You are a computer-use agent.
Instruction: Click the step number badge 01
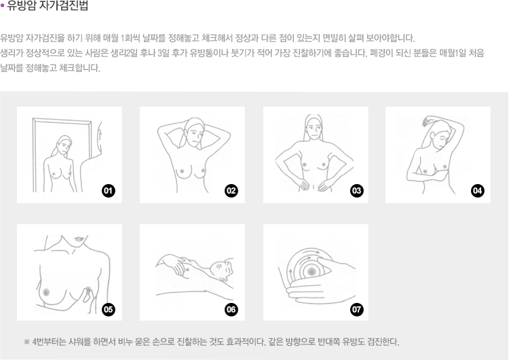tap(109, 191)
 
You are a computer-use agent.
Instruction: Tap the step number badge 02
tap(231, 191)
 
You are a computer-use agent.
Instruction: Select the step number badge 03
tap(357, 191)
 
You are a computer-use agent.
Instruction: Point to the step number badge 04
tap(478, 191)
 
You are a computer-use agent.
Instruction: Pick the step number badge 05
tap(109, 309)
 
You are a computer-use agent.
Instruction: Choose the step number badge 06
tap(231, 309)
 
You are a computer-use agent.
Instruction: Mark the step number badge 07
tap(357, 309)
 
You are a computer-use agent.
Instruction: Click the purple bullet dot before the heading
tap(2, 6)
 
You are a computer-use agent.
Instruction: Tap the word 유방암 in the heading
tap(22, 6)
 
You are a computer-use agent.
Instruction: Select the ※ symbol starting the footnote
tap(27, 342)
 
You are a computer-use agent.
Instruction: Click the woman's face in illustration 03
tap(314, 128)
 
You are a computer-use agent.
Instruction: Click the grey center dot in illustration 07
tap(312, 272)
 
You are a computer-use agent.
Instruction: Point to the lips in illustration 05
tap(79, 239)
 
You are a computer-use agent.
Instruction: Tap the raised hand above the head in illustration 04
tap(427, 121)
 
